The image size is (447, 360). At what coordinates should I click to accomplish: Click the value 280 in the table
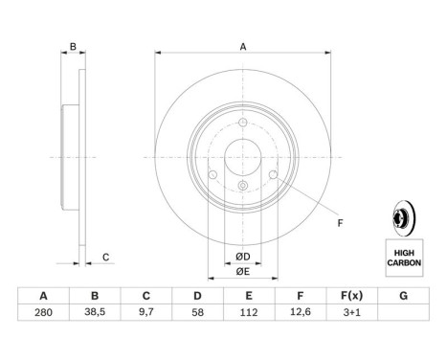pos(43,312)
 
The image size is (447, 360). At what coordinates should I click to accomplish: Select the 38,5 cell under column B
pos(95,312)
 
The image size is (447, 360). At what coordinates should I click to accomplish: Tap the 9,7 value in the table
pos(146,312)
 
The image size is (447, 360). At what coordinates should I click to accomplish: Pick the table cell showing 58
pos(197,312)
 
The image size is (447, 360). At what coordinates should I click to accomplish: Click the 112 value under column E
pos(249,312)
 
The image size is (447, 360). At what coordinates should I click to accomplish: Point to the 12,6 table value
pos(301,312)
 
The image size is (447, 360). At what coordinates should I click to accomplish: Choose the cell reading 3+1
pos(352,312)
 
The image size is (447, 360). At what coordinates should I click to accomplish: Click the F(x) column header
pos(352,296)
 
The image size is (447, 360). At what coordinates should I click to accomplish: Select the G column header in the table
pos(404,296)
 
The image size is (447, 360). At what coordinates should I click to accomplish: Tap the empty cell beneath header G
pos(404,312)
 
